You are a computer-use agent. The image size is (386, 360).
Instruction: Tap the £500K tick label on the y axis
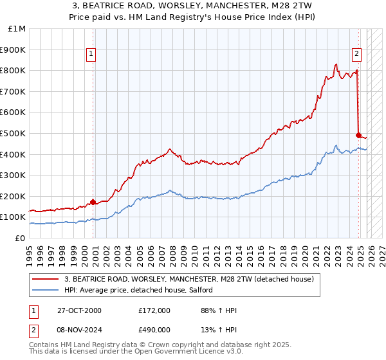pyautogui.click(x=14, y=133)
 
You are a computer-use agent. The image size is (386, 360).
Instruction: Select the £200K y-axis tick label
pyautogui.click(x=14, y=196)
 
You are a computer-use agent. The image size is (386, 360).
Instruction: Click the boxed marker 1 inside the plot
pyautogui.click(x=92, y=55)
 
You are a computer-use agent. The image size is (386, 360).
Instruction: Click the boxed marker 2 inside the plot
pyautogui.click(x=356, y=55)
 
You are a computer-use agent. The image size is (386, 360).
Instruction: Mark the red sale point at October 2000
pyautogui.click(x=93, y=202)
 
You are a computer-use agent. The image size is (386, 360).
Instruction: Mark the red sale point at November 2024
pyautogui.click(x=359, y=135)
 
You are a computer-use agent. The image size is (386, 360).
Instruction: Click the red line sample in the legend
pyautogui.click(x=45, y=279)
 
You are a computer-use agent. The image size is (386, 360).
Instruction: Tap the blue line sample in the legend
pyautogui.click(x=45, y=291)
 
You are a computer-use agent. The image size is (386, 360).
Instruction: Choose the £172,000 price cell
pyautogui.click(x=154, y=310)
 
